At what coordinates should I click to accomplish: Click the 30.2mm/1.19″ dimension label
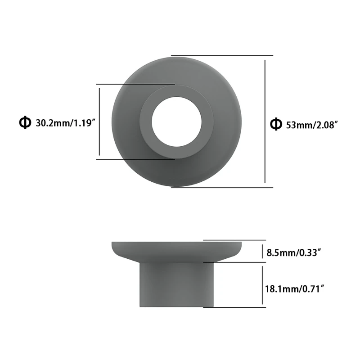66,123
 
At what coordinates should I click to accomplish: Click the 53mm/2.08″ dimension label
312,125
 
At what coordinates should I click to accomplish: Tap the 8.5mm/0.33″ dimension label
293,253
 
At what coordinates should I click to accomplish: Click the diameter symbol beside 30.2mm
25,122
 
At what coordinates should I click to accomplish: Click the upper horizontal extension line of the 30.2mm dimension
135,84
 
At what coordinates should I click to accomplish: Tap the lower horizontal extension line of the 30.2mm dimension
135,158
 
